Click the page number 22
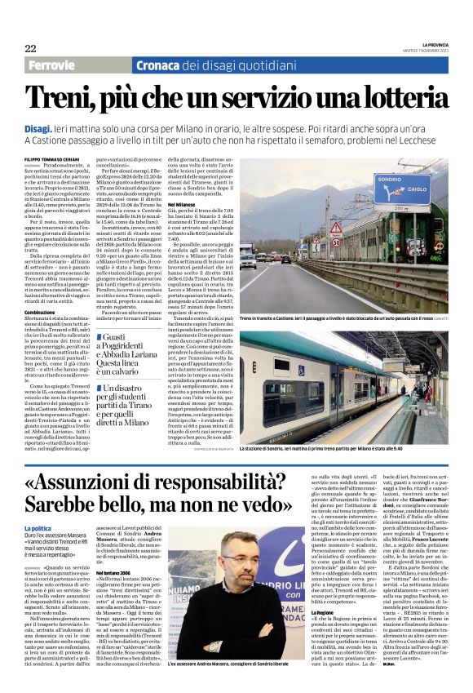30,48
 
